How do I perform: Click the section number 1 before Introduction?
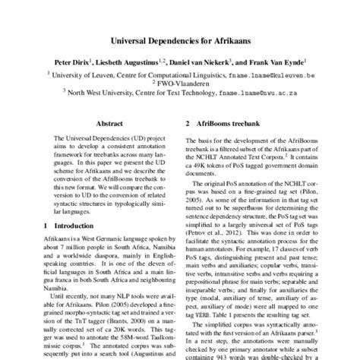coord(45,226)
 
